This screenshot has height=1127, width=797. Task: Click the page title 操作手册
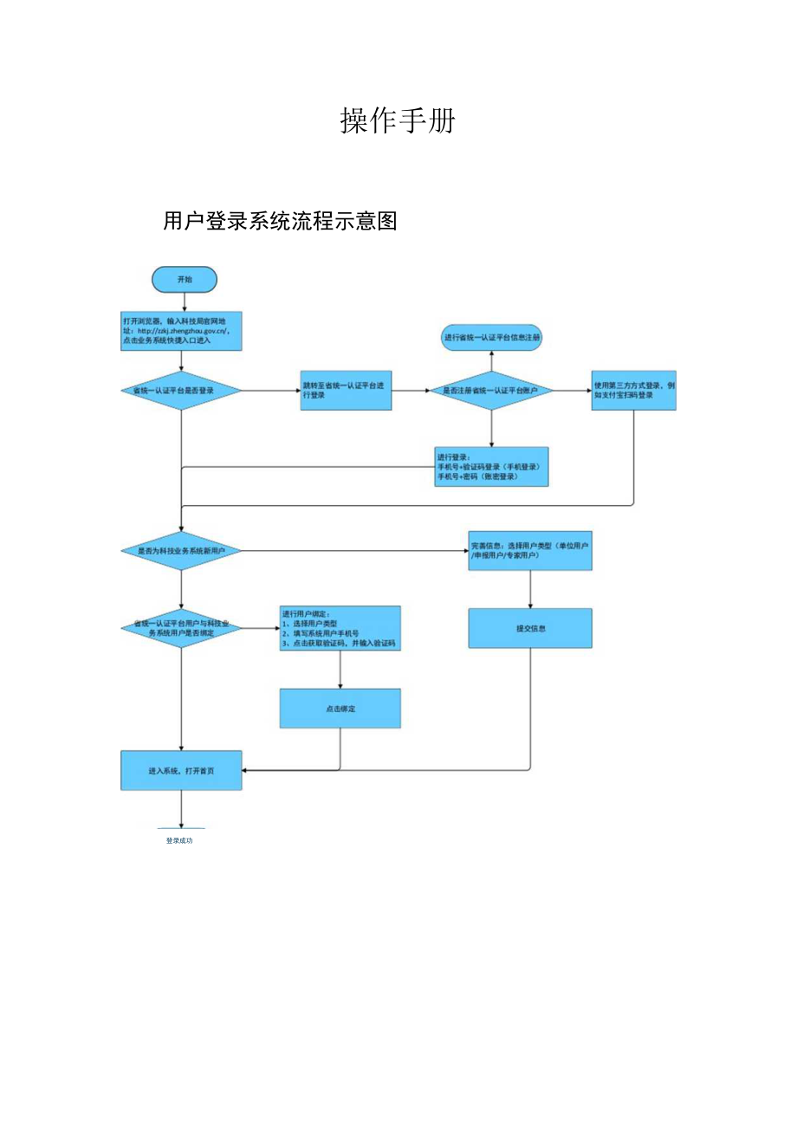point(398,122)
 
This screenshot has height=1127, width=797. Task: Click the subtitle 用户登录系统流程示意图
point(280,222)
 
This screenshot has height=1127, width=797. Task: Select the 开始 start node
point(184,280)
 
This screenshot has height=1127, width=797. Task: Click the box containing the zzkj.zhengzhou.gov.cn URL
point(181,330)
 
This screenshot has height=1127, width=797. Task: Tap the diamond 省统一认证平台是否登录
point(181,391)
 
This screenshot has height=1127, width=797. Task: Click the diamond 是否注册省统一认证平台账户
point(491,391)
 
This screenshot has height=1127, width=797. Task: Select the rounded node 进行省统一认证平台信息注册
point(492,337)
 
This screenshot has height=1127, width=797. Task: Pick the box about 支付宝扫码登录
point(633,391)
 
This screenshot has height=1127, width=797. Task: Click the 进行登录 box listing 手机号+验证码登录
point(491,466)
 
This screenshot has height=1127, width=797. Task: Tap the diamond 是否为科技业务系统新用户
point(181,550)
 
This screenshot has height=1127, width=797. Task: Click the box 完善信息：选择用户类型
point(530,550)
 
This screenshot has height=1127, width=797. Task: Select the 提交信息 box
point(530,628)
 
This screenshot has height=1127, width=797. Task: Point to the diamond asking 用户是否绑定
point(181,628)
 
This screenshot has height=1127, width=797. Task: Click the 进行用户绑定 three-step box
point(340,628)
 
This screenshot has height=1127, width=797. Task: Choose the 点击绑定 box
point(340,708)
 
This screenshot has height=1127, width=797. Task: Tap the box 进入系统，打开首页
point(181,770)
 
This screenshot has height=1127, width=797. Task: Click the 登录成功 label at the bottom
point(179,840)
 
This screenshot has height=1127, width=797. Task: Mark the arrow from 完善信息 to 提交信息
point(530,590)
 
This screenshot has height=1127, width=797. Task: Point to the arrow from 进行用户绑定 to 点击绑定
point(340,670)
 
